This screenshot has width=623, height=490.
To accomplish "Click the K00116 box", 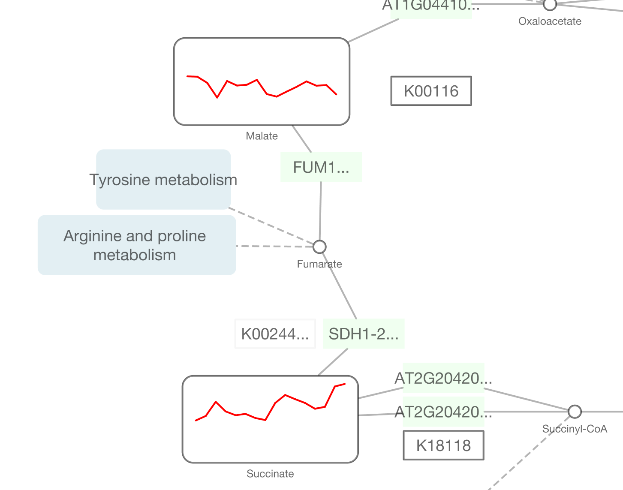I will click(431, 91).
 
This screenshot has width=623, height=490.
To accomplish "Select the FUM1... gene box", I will click(321, 167).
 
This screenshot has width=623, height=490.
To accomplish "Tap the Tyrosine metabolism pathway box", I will click(163, 180).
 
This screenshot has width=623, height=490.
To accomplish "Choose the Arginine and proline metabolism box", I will click(136, 245).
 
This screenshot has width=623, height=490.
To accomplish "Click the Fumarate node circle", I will click(319, 247).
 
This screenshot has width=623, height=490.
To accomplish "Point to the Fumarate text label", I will click(319, 264).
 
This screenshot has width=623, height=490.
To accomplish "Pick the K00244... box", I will click(275, 334).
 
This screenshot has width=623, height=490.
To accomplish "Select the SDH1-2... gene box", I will click(364, 334).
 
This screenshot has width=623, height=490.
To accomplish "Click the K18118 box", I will click(443, 445).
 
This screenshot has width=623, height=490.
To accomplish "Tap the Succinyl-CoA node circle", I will click(575, 412).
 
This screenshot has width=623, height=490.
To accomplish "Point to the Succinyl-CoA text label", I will click(575, 429).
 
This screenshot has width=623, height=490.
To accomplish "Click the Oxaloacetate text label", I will click(550, 21).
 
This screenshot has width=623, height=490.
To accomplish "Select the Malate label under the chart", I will click(262, 136).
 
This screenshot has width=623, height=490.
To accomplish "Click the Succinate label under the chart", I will click(270, 474).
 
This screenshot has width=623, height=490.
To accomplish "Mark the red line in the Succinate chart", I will click(275, 403).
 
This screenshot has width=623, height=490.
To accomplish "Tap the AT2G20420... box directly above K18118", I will click(443, 412).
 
